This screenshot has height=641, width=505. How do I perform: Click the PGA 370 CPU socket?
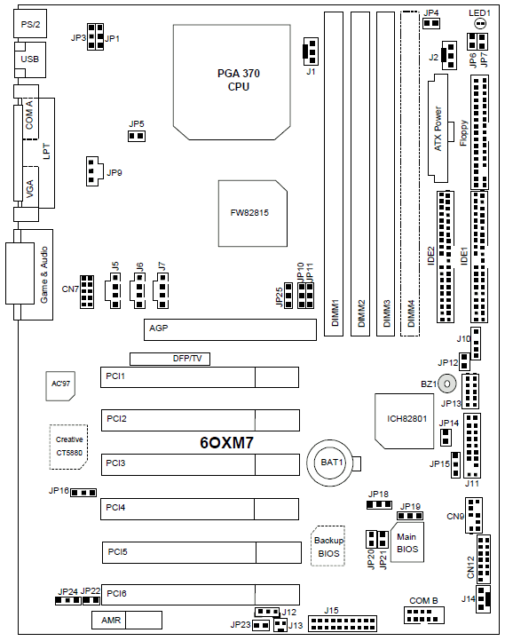232,82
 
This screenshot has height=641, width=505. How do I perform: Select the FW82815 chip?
252,213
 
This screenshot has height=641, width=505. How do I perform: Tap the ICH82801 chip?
404,421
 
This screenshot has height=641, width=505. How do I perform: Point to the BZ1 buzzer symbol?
447,384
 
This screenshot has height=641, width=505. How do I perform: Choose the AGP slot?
230,329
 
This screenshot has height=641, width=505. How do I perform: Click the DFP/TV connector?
170,359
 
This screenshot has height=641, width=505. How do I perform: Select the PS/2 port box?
30,24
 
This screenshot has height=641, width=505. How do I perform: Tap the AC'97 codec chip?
60,385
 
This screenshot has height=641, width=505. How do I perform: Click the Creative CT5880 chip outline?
68,447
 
